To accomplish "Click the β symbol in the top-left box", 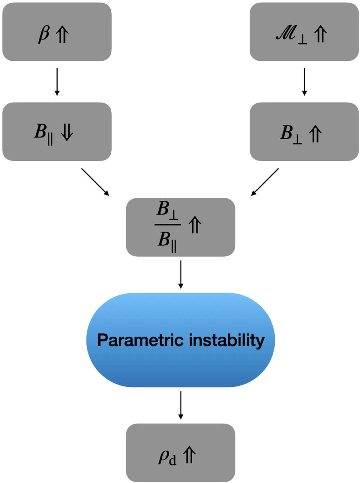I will [43, 34].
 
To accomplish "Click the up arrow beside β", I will [62, 34].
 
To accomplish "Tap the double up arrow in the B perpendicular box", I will [315, 134].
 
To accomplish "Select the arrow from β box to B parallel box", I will [57, 82].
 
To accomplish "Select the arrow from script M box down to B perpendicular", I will [304, 82].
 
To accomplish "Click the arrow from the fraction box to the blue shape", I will [180, 274].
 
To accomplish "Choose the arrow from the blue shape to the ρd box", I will [180, 405].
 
